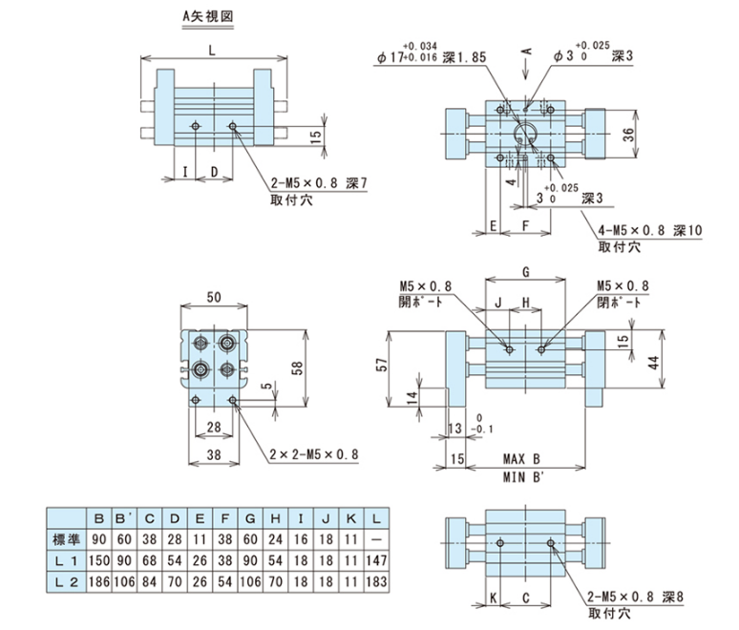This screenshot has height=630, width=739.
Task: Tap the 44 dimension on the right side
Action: coord(679,362)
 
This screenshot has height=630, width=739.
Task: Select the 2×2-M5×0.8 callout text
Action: coord(316,455)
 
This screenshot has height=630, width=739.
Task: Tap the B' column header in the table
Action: coord(123,517)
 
